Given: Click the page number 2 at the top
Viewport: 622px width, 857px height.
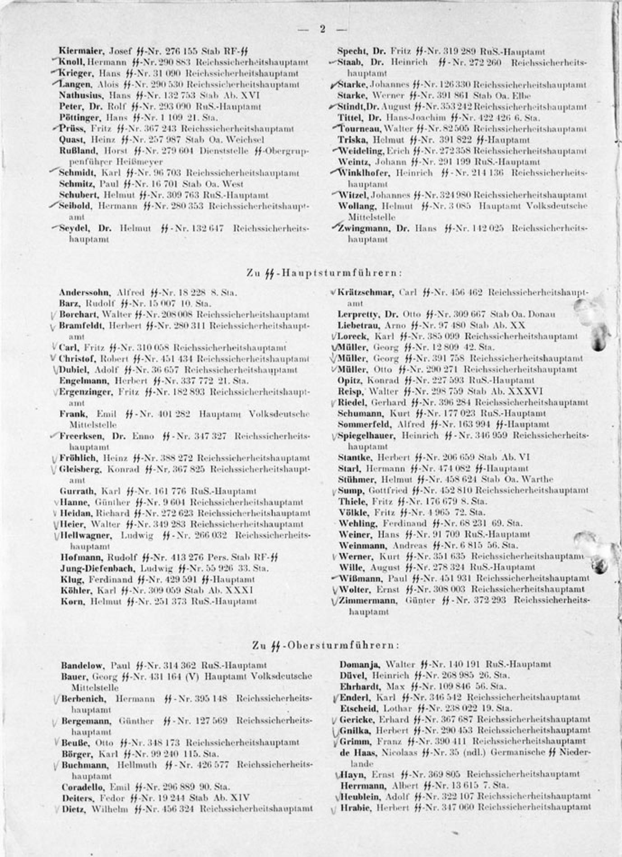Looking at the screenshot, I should [x=322, y=29].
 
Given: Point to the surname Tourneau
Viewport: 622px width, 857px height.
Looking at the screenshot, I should [x=360, y=129].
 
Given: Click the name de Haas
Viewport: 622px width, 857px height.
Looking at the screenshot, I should [x=359, y=752].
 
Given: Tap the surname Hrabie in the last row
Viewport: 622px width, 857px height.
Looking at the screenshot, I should [x=356, y=807].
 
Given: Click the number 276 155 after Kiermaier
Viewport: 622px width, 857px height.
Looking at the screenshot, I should [x=176, y=51].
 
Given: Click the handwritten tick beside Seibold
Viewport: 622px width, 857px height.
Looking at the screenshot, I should [x=53, y=206].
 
